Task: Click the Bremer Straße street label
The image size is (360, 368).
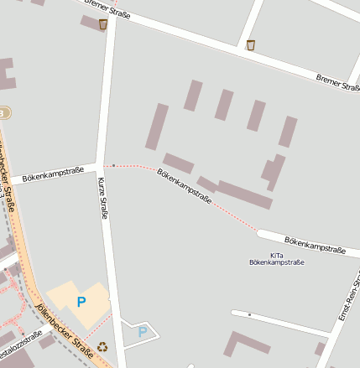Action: click(338, 82)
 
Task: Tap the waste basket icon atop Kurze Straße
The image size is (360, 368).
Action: click(102, 24)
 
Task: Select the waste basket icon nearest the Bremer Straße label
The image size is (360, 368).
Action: click(251, 45)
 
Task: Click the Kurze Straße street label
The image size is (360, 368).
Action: click(102, 198)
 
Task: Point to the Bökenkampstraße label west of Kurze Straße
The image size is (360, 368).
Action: click(53, 176)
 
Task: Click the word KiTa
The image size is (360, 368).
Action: click(277, 255)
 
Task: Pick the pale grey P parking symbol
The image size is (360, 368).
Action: click(142, 332)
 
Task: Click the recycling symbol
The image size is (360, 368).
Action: click(102, 346)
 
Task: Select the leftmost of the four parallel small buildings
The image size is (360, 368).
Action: click(193, 96)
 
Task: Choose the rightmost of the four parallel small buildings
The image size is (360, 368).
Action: click(288, 132)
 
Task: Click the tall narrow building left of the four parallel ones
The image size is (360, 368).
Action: click(157, 127)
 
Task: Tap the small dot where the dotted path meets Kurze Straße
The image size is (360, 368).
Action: click(113, 165)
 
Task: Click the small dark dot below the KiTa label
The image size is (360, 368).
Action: click(249, 314)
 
